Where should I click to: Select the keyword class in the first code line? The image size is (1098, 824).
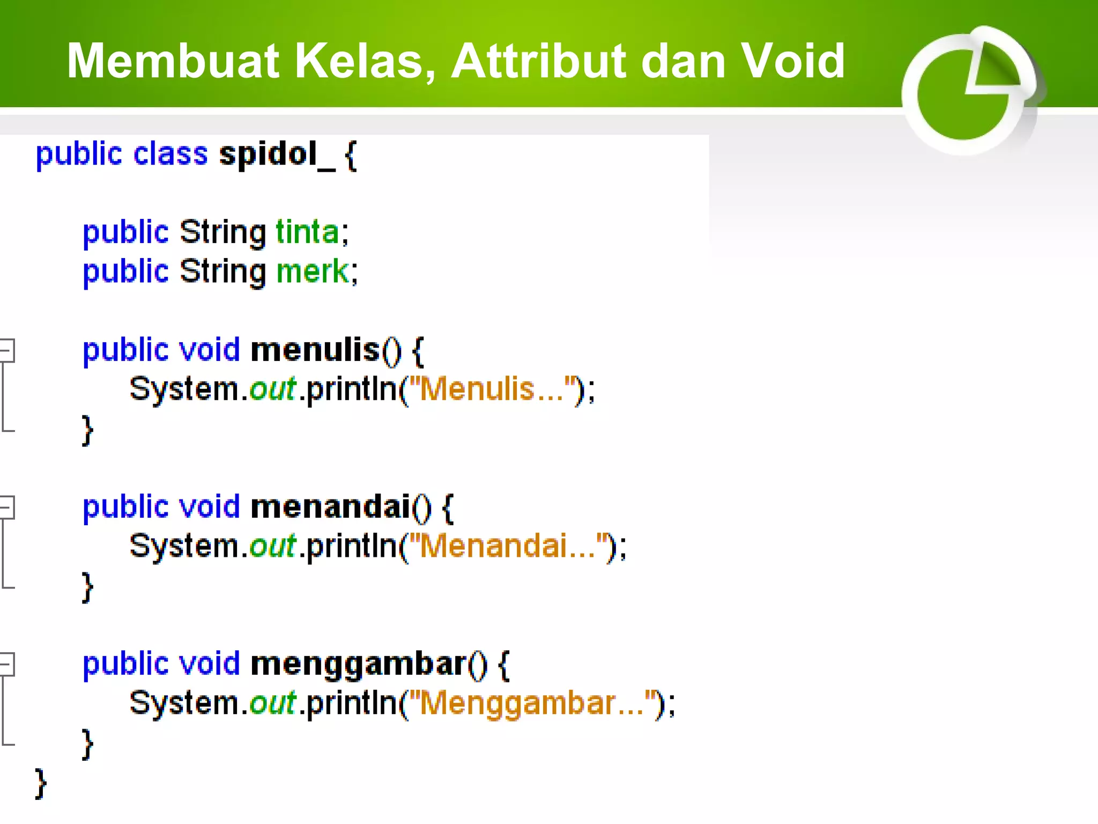(170, 154)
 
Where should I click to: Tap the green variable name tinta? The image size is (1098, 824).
(307, 233)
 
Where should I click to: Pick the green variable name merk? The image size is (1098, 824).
(313, 271)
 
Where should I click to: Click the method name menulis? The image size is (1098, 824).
(315, 350)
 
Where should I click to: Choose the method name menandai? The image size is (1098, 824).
(330, 507)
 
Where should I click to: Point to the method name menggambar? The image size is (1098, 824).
(358, 664)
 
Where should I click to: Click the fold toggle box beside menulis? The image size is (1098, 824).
(6, 350)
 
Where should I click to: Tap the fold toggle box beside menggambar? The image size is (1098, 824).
(6, 664)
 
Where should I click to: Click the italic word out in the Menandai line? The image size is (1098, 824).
(272, 546)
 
